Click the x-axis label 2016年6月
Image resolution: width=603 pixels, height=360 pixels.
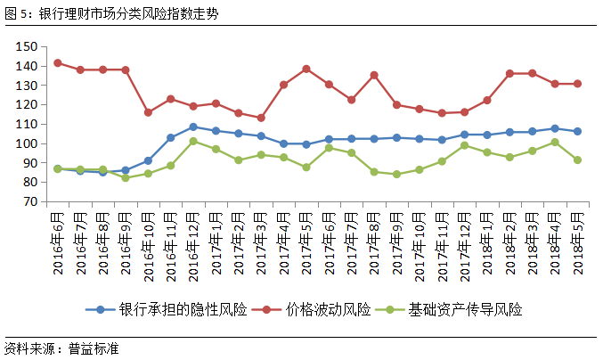tap(58, 243)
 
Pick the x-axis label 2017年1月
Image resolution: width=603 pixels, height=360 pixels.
tap(216, 243)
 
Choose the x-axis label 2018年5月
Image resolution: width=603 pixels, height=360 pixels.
tap(578, 243)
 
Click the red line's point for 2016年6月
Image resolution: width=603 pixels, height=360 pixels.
tap(58, 63)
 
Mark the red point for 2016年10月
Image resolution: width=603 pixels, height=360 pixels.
tap(148, 112)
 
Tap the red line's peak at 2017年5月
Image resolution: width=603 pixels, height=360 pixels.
tap(306, 69)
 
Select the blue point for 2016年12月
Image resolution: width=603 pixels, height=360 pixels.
tap(193, 127)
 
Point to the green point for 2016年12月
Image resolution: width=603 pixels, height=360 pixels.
tap(193, 141)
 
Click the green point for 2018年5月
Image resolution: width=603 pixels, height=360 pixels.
tap(578, 160)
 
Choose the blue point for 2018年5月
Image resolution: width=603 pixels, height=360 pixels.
tap(578, 131)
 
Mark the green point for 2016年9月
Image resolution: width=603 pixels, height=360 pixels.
tap(126, 177)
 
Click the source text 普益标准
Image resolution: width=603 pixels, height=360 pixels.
tap(93, 348)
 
